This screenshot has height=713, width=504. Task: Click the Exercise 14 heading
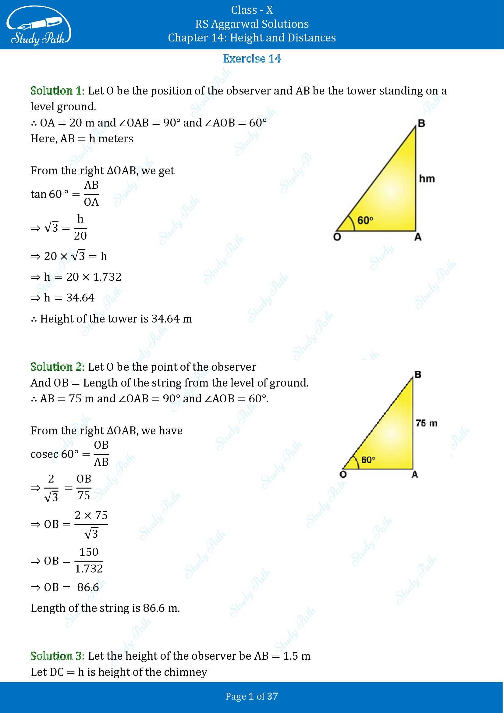click(252, 59)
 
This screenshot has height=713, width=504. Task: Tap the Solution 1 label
click(57, 91)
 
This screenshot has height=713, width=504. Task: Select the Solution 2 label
click(57, 367)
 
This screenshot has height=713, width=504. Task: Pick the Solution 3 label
click(57, 656)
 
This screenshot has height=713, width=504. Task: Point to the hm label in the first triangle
click(427, 179)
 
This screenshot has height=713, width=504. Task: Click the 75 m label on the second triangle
click(426, 423)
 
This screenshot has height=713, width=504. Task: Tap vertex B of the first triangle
click(421, 123)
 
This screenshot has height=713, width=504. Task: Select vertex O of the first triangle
click(337, 237)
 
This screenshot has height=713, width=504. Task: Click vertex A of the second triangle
click(415, 475)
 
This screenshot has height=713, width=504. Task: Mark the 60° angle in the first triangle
click(365, 220)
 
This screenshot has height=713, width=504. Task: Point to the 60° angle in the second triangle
click(368, 460)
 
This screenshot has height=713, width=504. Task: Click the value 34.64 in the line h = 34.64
click(80, 298)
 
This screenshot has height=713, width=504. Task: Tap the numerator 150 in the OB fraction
click(89, 552)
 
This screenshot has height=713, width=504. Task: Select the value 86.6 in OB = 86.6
click(88, 587)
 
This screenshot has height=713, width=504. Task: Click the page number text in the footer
click(252, 696)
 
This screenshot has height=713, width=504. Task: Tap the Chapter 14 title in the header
click(252, 37)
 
